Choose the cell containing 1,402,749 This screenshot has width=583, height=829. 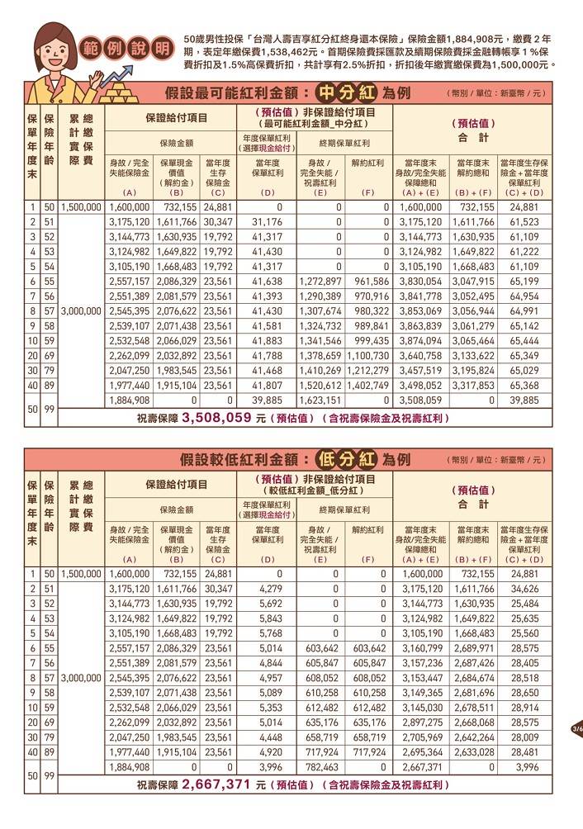[368, 386]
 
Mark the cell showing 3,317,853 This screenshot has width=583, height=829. [475, 386]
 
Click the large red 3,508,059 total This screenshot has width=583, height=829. [216, 418]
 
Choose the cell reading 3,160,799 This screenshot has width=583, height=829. [421, 648]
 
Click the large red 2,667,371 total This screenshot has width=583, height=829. [214, 784]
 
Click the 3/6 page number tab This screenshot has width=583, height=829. [576, 729]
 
